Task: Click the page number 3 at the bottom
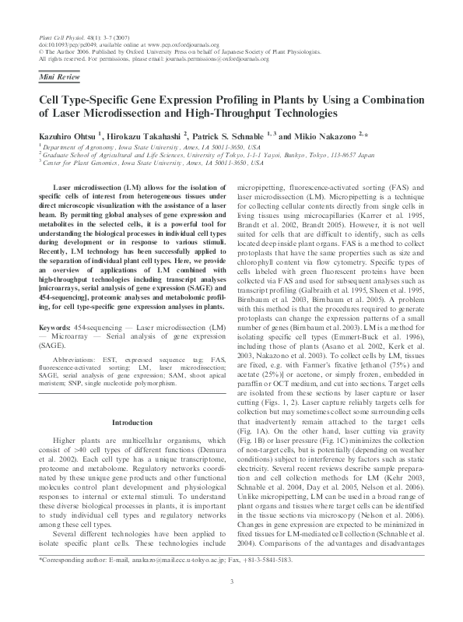click(x=231, y=603)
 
